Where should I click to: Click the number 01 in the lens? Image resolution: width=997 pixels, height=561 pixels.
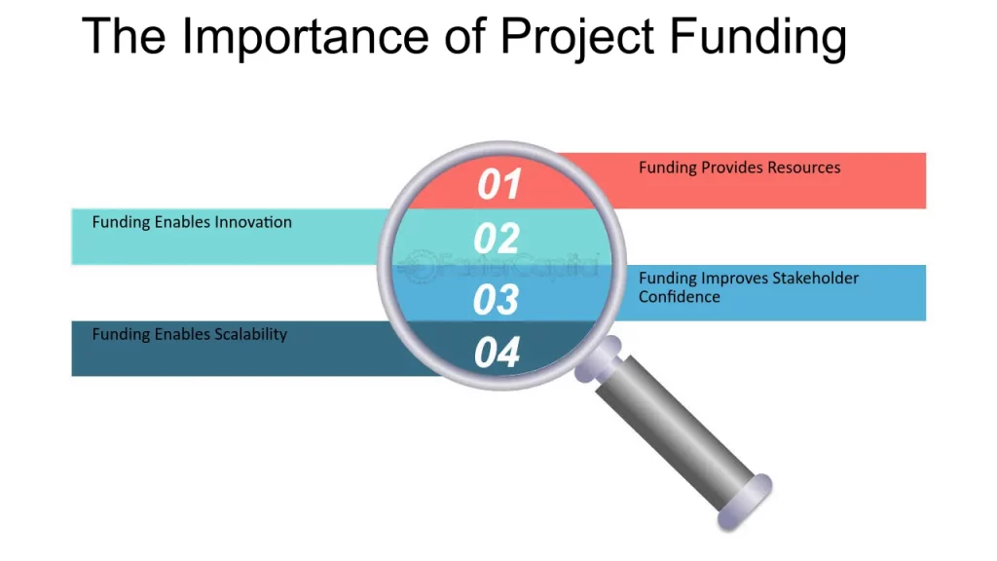(499, 184)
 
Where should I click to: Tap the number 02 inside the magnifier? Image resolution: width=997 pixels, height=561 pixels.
(497, 239)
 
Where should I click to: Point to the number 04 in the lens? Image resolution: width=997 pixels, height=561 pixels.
(498, 353)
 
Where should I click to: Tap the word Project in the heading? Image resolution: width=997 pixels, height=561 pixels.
(577, 38)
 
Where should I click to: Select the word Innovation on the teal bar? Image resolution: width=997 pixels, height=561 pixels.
(253, 222)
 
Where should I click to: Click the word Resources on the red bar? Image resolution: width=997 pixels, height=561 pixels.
(803, 168)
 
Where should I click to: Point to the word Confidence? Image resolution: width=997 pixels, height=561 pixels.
(679, 297)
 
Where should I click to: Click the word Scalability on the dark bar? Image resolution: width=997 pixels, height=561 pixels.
(250, 335)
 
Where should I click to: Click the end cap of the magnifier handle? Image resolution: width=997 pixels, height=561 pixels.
(745, 503)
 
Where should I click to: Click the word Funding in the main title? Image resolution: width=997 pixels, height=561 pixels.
(757, 38)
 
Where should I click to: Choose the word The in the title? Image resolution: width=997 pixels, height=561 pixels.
(124, 37)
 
